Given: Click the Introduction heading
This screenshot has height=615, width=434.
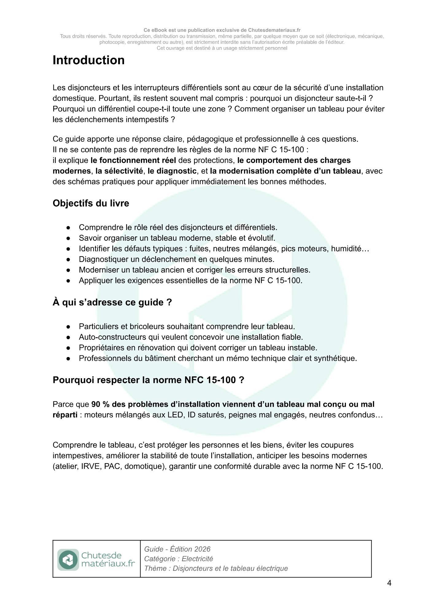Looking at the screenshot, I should [89, 60].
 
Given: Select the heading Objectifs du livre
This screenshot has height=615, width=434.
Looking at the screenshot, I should [91, 203].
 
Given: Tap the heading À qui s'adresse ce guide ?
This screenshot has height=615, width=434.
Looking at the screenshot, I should [112, 302].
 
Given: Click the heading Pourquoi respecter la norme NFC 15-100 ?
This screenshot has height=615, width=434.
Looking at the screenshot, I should [148, 380].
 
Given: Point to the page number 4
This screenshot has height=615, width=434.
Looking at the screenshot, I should [389, 583].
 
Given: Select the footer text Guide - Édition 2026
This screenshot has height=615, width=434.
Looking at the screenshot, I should [177, 549].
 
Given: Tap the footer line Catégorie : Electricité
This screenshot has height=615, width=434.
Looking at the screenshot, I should [178, 559].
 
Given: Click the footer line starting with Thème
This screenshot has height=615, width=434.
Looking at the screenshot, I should [216, 568].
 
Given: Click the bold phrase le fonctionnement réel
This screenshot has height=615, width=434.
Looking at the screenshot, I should [133, 160].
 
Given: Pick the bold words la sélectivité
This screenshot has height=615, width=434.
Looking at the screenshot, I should [119, 171].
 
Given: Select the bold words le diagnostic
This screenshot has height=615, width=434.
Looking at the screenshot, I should [172, 171].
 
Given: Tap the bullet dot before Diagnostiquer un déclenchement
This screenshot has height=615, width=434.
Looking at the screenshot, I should [68, 260].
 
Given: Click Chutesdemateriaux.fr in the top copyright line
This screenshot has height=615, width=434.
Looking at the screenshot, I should [274, 30].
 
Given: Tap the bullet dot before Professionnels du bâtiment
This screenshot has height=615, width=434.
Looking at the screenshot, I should [68, 359].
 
